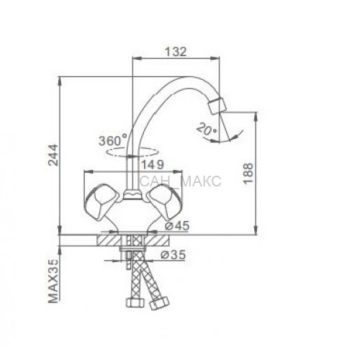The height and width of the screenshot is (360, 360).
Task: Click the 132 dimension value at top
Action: click(x=176, y=52)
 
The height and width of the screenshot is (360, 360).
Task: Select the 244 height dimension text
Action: click(x=53, y=155)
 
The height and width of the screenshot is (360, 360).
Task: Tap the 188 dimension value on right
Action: click(x=248, y=174)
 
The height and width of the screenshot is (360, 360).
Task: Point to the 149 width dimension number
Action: click(x=153, y=165)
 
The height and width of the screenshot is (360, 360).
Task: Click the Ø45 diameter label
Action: click(x=177, y=226)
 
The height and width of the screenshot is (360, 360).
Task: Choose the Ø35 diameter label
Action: click(x=174, y=254)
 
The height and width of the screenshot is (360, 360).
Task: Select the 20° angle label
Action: click(x=207, y=129)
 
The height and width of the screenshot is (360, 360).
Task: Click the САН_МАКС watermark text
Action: click(x=180, y=181)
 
